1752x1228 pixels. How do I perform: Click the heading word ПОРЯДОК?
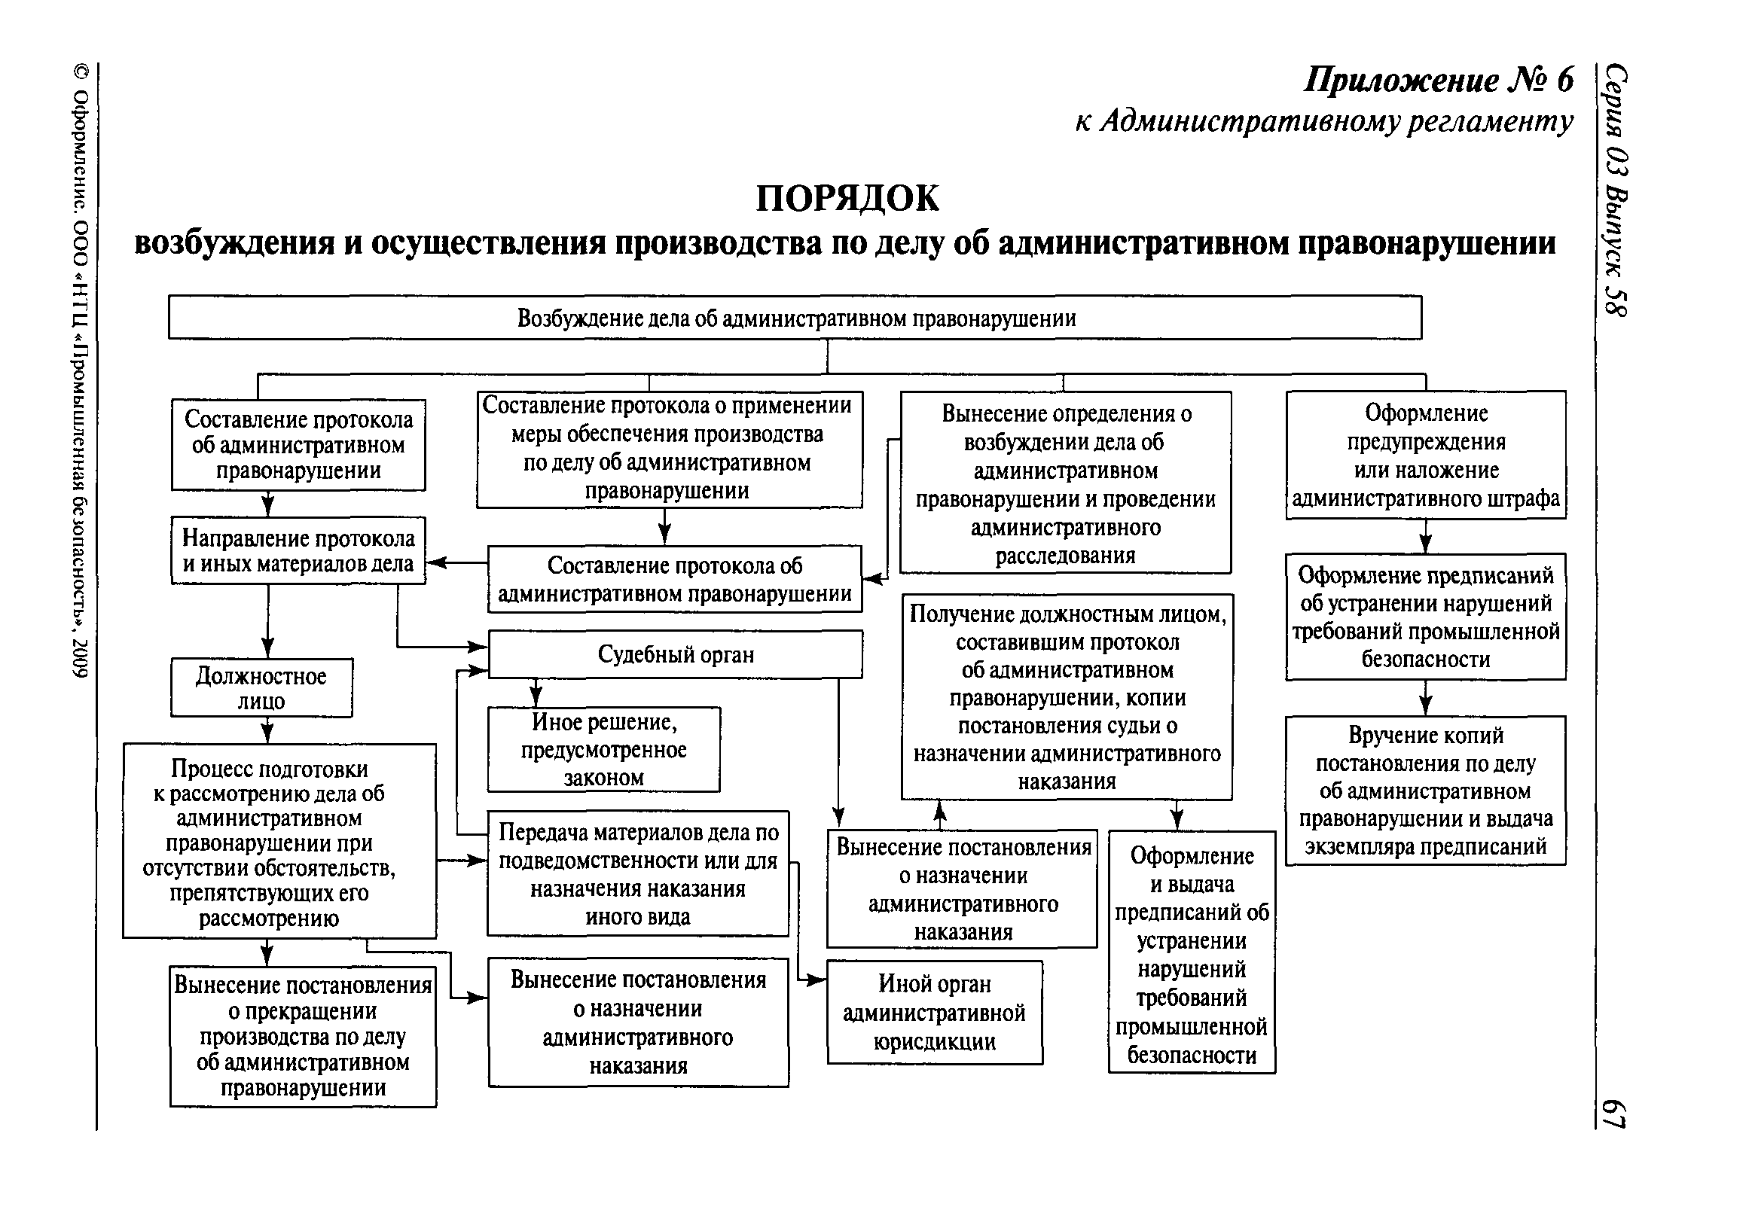(x=847, y=198)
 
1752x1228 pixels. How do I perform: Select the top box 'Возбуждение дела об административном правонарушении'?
(x=795, y=317)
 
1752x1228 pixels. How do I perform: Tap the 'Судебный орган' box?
(x=676, y=654)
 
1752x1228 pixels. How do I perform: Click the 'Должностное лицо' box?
(x=261, y=688)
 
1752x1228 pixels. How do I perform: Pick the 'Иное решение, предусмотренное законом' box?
(x=603, y=750)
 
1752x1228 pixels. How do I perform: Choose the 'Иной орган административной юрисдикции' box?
(x=935, y=1012)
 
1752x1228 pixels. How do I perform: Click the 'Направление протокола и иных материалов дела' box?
(x=298, y=550)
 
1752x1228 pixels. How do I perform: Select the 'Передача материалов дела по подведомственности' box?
(x=638, y=873)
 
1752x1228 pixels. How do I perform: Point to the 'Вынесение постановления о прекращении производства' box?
(x=303, y=1037)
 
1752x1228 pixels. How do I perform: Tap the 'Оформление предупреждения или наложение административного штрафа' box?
(x=1426, y=456)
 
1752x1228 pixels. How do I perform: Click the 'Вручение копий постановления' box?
(x=1425, y=791)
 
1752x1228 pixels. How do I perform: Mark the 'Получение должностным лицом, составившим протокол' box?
(x=1067, y=697)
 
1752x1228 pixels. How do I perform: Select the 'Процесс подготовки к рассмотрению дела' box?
(x=279, y=841)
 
